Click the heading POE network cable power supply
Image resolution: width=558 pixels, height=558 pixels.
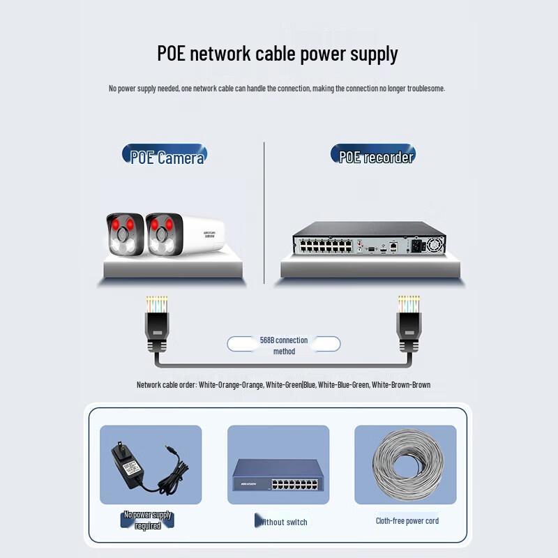tap(278, 54)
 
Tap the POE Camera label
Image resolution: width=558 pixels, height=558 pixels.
tap(166, 156)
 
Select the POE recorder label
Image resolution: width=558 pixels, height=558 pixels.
tap(375, 156)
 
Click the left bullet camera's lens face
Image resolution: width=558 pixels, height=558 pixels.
tap(125, 236)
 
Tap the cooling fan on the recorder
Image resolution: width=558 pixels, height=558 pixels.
tap(435, 245)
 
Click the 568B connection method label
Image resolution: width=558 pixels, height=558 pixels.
tap(284, 345)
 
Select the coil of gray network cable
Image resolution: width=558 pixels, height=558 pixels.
tap(405, 465)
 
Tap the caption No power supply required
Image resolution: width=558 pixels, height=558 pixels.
tap(148, 520)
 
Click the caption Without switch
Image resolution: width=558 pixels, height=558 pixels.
tap(282, 522)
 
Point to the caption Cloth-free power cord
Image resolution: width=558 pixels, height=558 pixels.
tap(407, 520)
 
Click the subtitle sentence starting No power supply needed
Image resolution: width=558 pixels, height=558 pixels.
tap(277, 89)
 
